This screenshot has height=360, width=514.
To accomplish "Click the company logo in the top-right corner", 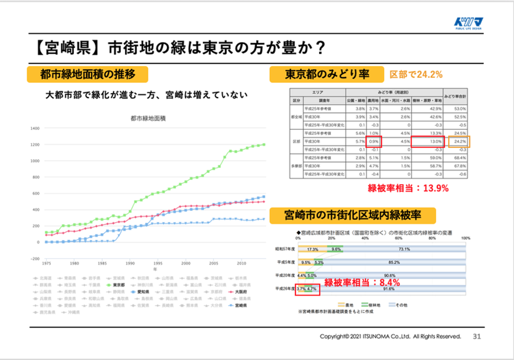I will [469, 23].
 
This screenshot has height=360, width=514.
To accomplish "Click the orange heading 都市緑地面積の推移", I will [87, 74].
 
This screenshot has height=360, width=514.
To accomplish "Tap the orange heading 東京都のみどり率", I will [327, 74].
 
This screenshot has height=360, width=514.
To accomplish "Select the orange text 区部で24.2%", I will [416, 75].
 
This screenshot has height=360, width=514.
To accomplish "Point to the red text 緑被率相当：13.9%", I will [408, 188].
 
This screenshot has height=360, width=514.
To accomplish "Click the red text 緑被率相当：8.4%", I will [362, 282].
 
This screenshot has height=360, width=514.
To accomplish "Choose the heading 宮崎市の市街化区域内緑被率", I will [352, 215].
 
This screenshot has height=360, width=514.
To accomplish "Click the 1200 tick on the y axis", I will [35, 145].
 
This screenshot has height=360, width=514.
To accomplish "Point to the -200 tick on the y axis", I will [35, 259].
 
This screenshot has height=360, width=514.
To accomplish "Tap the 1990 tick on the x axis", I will [130, 263].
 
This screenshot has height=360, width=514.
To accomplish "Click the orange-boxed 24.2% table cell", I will [459, 141].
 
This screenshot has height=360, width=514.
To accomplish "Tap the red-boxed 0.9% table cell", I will [374, 141].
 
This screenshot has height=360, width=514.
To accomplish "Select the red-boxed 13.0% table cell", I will [428, 141].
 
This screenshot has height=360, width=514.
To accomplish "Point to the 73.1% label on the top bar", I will [404, 249].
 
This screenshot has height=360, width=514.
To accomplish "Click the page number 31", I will [477, 336].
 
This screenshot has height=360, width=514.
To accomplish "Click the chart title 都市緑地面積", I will [148, 118].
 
